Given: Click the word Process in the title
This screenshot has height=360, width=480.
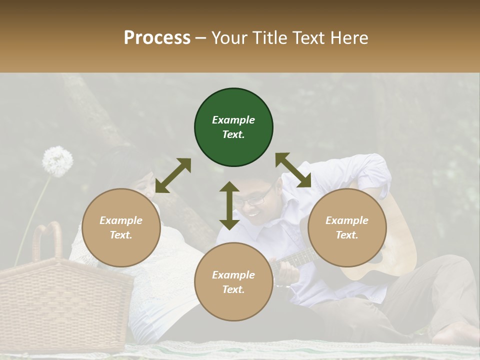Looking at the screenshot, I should pyautogui.click(x=157, y=38).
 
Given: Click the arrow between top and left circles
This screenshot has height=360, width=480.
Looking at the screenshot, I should pyautogui.click(x=173, y=175).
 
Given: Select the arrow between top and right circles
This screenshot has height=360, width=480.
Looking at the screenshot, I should pyautogui.click(x=293, y=170).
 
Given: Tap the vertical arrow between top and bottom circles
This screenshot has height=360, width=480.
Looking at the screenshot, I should pyautogui.click(x=229, y=205).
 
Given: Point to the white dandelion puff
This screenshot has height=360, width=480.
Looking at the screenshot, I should pyautogui.click(x=57, y=161).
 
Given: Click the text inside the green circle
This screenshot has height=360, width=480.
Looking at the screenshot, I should pyautogui.click(x=233, y=127).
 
